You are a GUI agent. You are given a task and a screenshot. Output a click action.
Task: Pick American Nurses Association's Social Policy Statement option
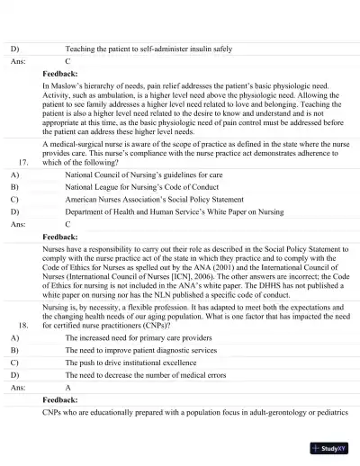pyautogui.click(x=154, y=202)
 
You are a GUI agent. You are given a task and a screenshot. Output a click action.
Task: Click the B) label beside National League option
pyautogui.click(x=14, y=189)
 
